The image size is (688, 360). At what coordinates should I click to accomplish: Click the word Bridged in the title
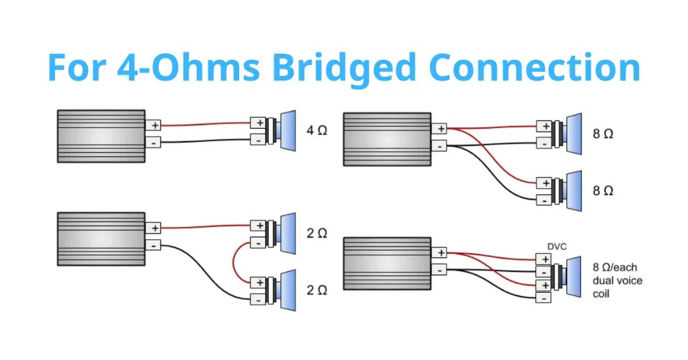(343, 69)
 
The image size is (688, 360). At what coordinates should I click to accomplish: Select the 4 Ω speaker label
(316, 130)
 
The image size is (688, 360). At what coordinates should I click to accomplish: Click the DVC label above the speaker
(557, 247)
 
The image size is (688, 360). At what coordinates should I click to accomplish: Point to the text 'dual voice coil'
(617, 287)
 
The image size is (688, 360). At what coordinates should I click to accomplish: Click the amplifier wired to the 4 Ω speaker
(101, 136)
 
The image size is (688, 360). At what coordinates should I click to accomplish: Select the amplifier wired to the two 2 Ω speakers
(101, 239)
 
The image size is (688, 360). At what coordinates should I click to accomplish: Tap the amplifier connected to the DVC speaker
(387, 263)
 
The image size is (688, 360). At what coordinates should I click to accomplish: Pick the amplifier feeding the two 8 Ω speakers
(387, 140)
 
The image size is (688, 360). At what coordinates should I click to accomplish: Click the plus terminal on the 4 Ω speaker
(258, 123)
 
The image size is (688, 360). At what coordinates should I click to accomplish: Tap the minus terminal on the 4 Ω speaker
(258, 140)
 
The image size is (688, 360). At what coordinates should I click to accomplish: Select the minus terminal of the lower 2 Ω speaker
(258, 300)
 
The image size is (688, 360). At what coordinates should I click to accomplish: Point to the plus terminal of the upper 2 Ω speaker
(258, 226)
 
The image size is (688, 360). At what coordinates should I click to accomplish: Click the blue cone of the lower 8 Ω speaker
(574, 191)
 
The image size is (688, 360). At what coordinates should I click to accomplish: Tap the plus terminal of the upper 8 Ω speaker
(544, 126)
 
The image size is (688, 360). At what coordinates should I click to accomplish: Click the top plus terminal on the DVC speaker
(544, 259)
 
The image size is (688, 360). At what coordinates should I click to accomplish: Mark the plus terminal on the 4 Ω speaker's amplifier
(154, 125)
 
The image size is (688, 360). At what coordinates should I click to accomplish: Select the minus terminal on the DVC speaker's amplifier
(439, 270)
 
